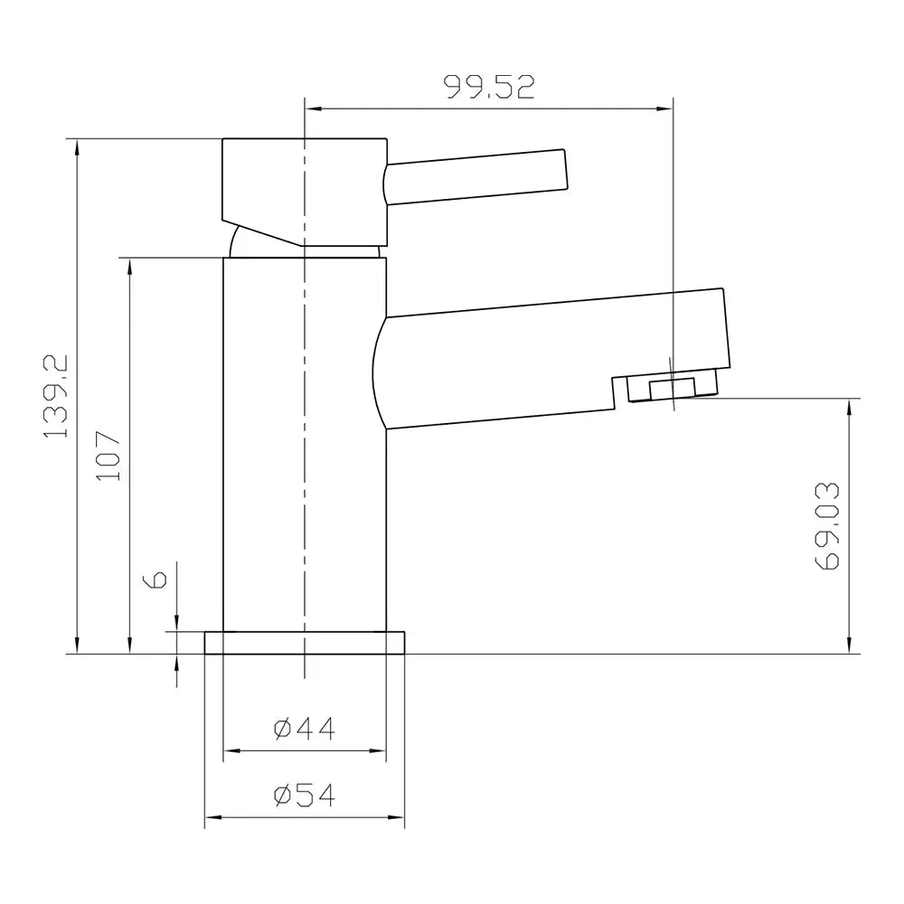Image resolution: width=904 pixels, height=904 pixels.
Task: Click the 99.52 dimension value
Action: pos(489,87)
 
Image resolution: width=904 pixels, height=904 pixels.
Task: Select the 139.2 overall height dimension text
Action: pos(57,396)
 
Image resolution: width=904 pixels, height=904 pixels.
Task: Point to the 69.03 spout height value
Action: pos(827,526)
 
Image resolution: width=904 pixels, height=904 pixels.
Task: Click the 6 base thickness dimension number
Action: pos(155,579)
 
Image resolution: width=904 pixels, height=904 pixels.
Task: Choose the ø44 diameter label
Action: pos(304,728)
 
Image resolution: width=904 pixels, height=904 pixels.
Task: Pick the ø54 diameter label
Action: pos(304,796)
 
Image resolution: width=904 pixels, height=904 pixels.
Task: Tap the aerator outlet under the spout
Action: pos(673,387)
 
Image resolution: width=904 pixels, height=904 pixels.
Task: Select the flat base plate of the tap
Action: pos(305,642)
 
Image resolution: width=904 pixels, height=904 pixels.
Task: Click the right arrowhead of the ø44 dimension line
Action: pos(379,750)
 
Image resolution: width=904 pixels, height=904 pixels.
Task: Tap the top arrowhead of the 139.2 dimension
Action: pos(77,146)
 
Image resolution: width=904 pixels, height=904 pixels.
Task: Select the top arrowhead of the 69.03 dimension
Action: pos(849,406)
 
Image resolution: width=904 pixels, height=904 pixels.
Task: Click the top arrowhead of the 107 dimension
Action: pos(130,265)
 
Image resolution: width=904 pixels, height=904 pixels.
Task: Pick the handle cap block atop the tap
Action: pos(305,185)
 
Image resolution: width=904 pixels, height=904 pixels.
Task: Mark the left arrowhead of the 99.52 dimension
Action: pos(313,108)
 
